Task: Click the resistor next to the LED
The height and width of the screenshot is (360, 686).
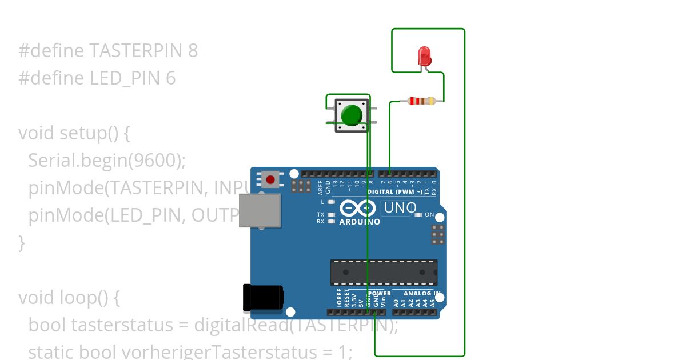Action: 422,102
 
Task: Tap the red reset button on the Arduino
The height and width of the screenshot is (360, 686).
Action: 270,180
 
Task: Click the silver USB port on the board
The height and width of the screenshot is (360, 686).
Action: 260,210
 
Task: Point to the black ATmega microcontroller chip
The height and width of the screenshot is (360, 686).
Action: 384,272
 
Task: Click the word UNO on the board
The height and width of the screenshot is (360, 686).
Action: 400,208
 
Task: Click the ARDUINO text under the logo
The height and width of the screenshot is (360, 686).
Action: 360,222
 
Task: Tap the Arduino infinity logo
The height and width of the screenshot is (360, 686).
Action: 358,209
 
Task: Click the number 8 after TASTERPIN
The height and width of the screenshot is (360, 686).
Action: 193,51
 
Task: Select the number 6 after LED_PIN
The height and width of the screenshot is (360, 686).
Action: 171,78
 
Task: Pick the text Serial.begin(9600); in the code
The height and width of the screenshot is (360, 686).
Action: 107,161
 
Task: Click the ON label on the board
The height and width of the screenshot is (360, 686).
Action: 429,215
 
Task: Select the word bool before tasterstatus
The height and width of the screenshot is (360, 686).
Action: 47,325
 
